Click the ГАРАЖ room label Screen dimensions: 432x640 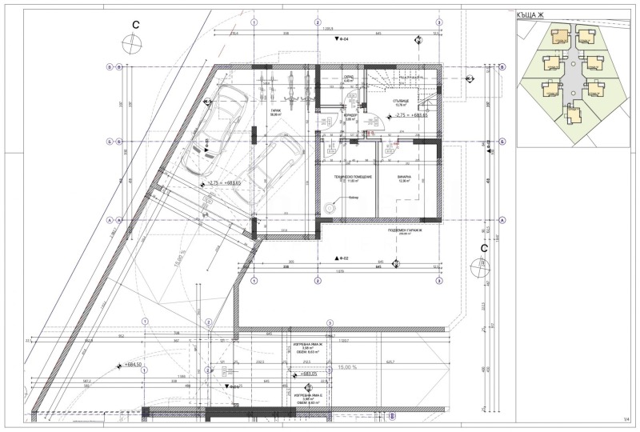(x=275, y=112)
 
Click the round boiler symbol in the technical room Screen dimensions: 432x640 (x=329, y=206)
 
